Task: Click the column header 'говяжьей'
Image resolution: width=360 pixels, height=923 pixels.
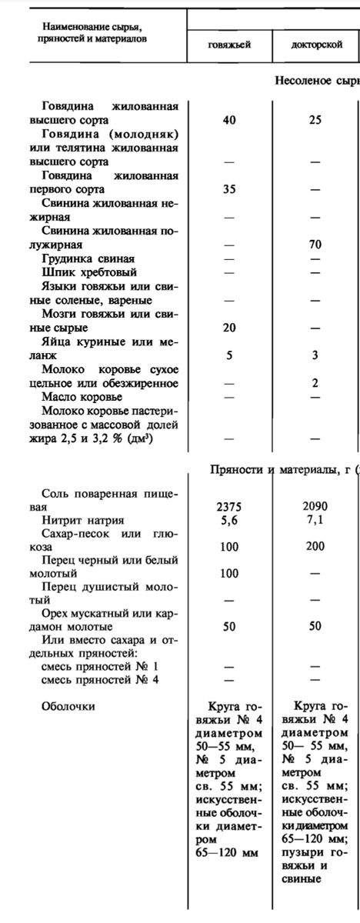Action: pyautogui.click(x=229, y=45)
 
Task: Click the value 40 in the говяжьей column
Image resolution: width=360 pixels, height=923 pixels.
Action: pyautogui.click(x=229, y=120)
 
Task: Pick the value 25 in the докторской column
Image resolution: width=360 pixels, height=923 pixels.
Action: pyautogui.click(x=315, y=120)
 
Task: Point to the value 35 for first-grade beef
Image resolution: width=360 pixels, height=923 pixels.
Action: pyautogui.click(x=229, y=189)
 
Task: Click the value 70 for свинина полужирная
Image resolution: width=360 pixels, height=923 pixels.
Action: pyautogui.click(x=315, y=245)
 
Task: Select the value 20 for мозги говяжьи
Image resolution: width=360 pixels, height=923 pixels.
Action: pyautogui.click(x=229, y=328)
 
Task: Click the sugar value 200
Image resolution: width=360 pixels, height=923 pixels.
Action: pyautogui.click(x=315, y=547)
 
